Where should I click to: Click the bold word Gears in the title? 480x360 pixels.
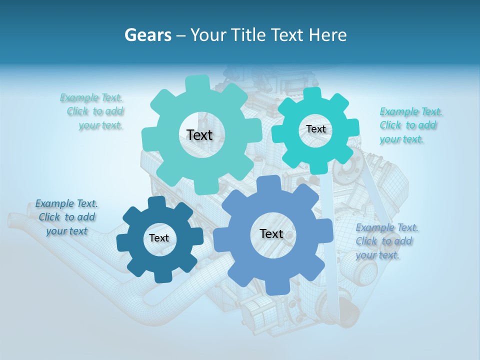(147, 35)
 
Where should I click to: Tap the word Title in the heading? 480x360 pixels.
(248, 35)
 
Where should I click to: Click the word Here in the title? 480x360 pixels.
(327, 35)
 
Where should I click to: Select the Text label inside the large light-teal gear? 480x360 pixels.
(199, 135)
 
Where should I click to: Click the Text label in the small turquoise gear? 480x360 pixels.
(315, 129)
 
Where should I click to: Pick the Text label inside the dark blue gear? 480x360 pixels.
(159, 238)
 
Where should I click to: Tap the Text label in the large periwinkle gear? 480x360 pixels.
(271, 234)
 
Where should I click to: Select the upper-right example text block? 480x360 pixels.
(410, 125)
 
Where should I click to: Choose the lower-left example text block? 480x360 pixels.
(66, 217)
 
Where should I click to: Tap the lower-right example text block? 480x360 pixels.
(386, 241)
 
